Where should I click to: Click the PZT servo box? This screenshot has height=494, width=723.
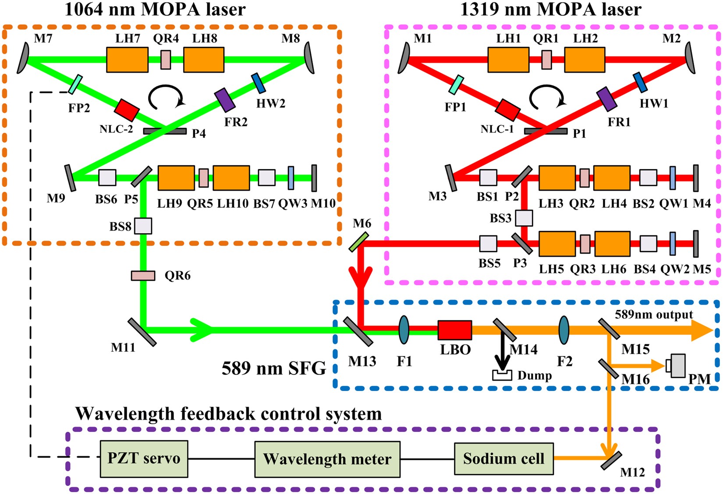point(144,459)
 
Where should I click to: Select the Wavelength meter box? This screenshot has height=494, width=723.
point(327,459)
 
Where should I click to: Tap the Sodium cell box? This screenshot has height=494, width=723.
point(503,458)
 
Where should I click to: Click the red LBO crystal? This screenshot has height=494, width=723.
point(455,330)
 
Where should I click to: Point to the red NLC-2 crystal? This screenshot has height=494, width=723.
point(127,110)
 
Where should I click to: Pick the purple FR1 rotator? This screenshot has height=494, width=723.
point(607,99)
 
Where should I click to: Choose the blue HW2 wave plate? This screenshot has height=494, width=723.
point(259,83)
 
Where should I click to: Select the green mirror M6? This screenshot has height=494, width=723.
point(359,242)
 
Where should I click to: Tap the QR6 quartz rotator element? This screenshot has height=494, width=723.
point(143,276)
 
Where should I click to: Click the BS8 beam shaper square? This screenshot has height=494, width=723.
point(143,226)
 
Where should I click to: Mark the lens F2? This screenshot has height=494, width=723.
point(564,330)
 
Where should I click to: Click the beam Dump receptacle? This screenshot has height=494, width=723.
point(502,375)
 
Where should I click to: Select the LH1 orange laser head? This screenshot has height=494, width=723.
point(508,60)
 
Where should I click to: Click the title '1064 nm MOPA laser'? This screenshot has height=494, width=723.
point(155,10)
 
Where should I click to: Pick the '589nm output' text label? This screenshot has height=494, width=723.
point(654,315)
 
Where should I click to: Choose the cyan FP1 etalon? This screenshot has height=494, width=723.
point(456,84)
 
